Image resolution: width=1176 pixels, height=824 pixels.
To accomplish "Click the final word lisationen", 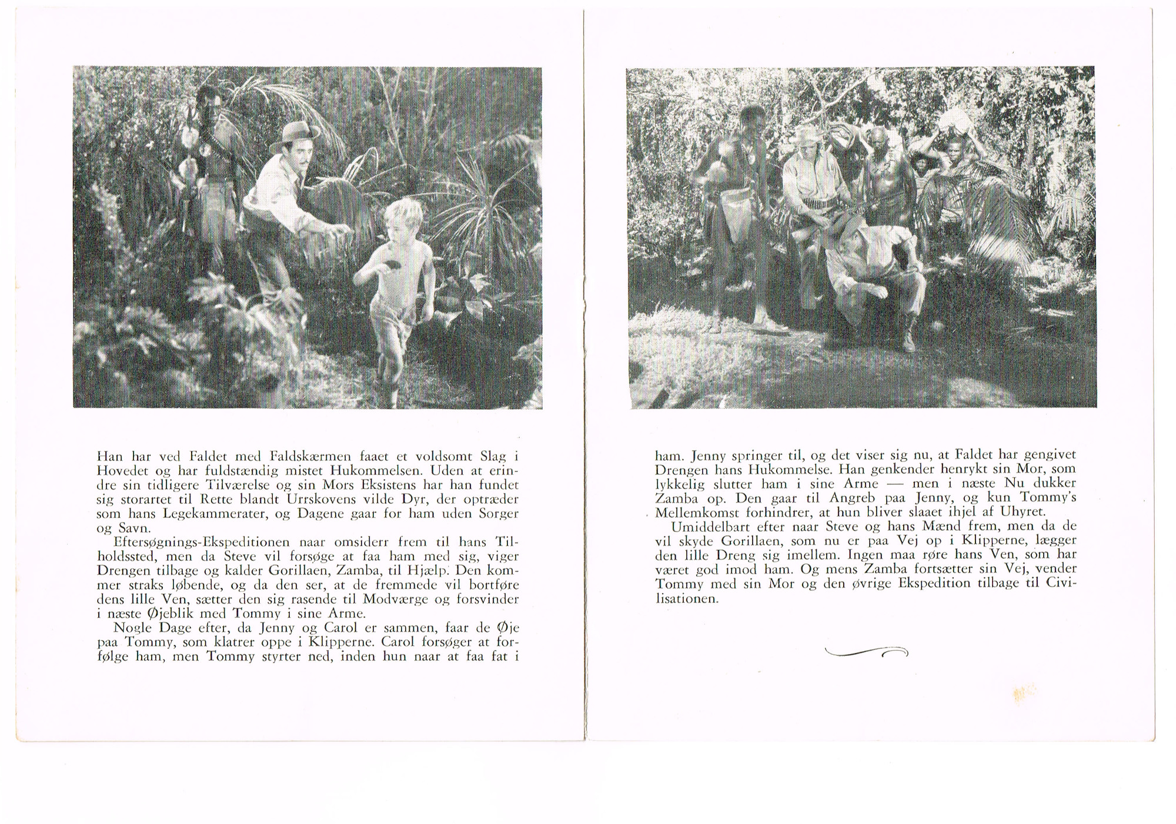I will point(687,598).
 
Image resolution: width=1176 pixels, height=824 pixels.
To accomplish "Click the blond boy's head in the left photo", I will point(403,222).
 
